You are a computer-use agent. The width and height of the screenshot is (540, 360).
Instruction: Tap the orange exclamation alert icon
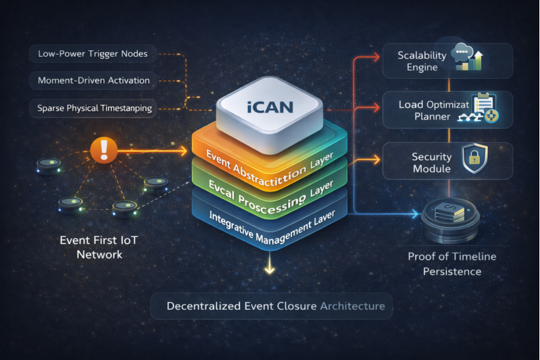[105, 151]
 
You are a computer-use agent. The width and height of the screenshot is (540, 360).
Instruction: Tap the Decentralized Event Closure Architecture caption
[275, 305]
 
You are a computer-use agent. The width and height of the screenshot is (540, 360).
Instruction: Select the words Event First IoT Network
[99, 247]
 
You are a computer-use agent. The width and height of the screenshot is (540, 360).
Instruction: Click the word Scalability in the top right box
[422, 56]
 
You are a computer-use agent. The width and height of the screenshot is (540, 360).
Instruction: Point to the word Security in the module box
[431, 157]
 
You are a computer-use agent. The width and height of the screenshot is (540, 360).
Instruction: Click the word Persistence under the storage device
[452, 271]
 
